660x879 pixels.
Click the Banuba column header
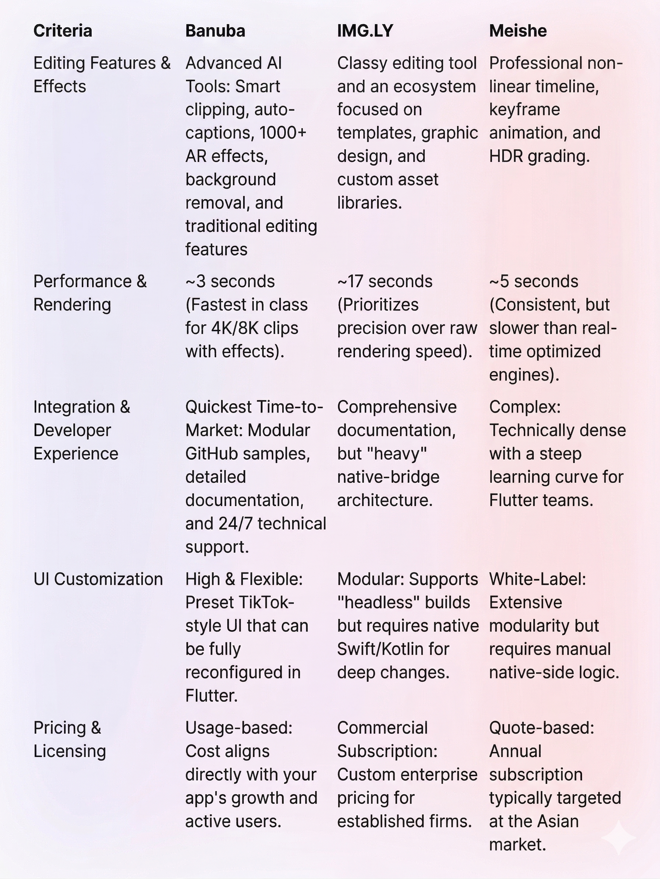coord(215,31)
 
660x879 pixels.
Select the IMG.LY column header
coord(365,31)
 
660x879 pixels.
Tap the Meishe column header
coord(517,31)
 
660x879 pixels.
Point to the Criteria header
coord(63,31)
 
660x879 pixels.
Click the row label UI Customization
coord(98,579)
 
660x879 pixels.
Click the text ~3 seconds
coord(230,281)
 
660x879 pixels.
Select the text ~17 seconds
coord(385,281)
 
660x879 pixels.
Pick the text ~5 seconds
coord(533,281)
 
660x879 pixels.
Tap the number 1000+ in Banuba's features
coord(282,133)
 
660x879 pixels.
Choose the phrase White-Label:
coord(537,579)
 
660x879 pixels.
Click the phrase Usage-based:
coord(238,728)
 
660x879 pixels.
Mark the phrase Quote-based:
coord(541,728)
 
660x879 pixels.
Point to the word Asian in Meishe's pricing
coord(555,822)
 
